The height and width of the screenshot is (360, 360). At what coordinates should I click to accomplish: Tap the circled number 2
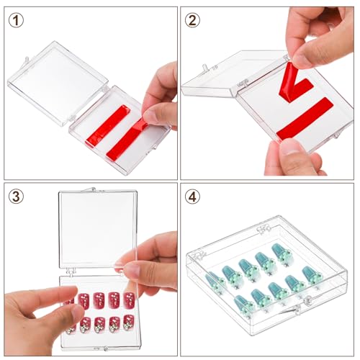click(x=192, y=19)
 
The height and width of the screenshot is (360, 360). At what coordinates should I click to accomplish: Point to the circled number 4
click(x=192, y=195)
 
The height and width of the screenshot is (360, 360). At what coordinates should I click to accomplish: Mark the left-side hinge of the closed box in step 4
click(x=192, y=255)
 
